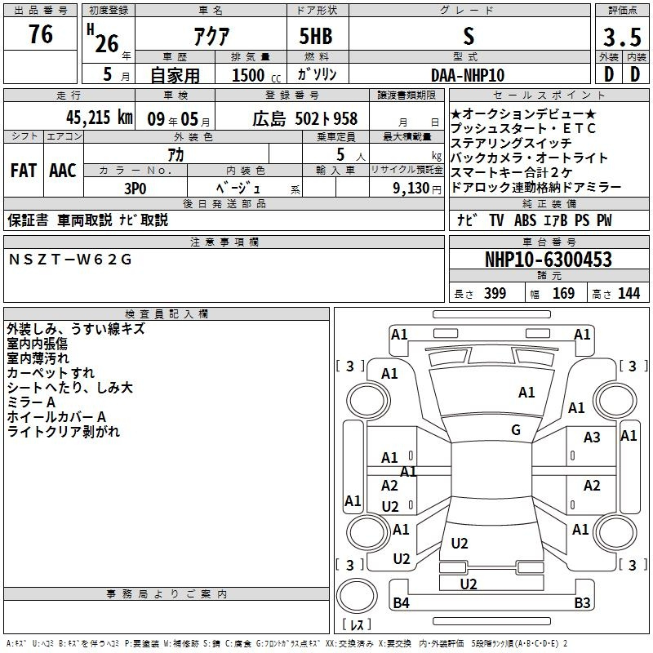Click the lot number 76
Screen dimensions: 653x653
pos(40,35)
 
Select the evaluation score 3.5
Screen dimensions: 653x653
pos(620,37)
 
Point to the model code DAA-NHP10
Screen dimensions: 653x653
pos(468,75)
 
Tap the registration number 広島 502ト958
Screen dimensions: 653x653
pos(304,118)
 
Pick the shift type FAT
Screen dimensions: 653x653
pos(23,170)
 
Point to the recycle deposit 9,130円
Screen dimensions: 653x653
pos(417,188)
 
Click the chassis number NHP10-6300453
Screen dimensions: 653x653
pos(548,260)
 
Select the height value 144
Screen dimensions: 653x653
pos(629,294)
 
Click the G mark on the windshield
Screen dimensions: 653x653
pos(516,430)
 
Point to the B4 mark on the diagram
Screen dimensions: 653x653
pos(401,603)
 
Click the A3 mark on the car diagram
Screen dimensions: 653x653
pos(592,438)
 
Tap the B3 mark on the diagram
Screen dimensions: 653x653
pos(582,603)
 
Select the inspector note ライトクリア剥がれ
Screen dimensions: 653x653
pos(63,432)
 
